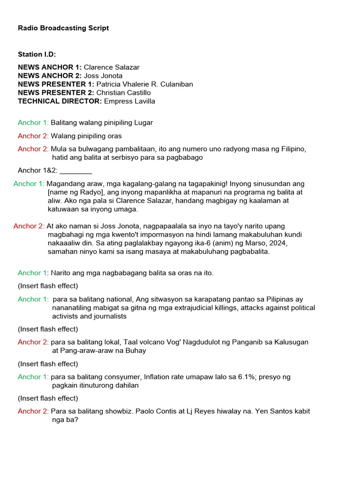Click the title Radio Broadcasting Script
point(63,28)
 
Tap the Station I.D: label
point(37,54)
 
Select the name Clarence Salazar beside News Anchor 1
point(112,67)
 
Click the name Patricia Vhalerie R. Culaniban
point(144,84)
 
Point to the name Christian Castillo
point(124,93)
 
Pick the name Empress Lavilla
point(129,101)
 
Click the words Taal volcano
point(122,342)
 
